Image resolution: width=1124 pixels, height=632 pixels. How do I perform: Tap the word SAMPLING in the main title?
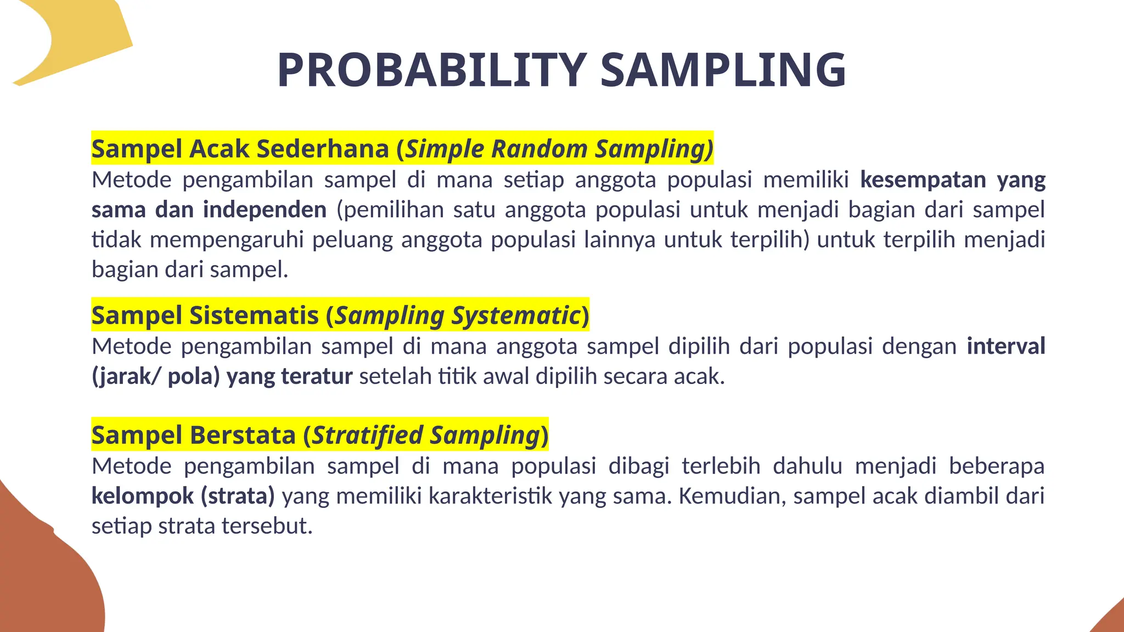(x=723, y=70)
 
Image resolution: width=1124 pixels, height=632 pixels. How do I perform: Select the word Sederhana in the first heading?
(x=323, y=149)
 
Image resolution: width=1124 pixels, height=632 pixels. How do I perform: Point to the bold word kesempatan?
(x=923, y=180)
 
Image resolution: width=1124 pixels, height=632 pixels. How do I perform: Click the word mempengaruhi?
(x=227, y=240)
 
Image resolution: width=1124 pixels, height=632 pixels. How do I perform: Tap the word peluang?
(x=352, y=240)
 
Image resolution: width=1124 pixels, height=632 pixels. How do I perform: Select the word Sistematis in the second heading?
(x=254, y=315)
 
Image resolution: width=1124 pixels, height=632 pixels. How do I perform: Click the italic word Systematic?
(x=516, y=315)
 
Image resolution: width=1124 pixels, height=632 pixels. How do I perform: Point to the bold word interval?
(x=1005, y=346)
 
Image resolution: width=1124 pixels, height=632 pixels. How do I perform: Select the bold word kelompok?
(x=142, y=496)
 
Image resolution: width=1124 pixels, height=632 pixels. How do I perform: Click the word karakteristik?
(x=490, y=496)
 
